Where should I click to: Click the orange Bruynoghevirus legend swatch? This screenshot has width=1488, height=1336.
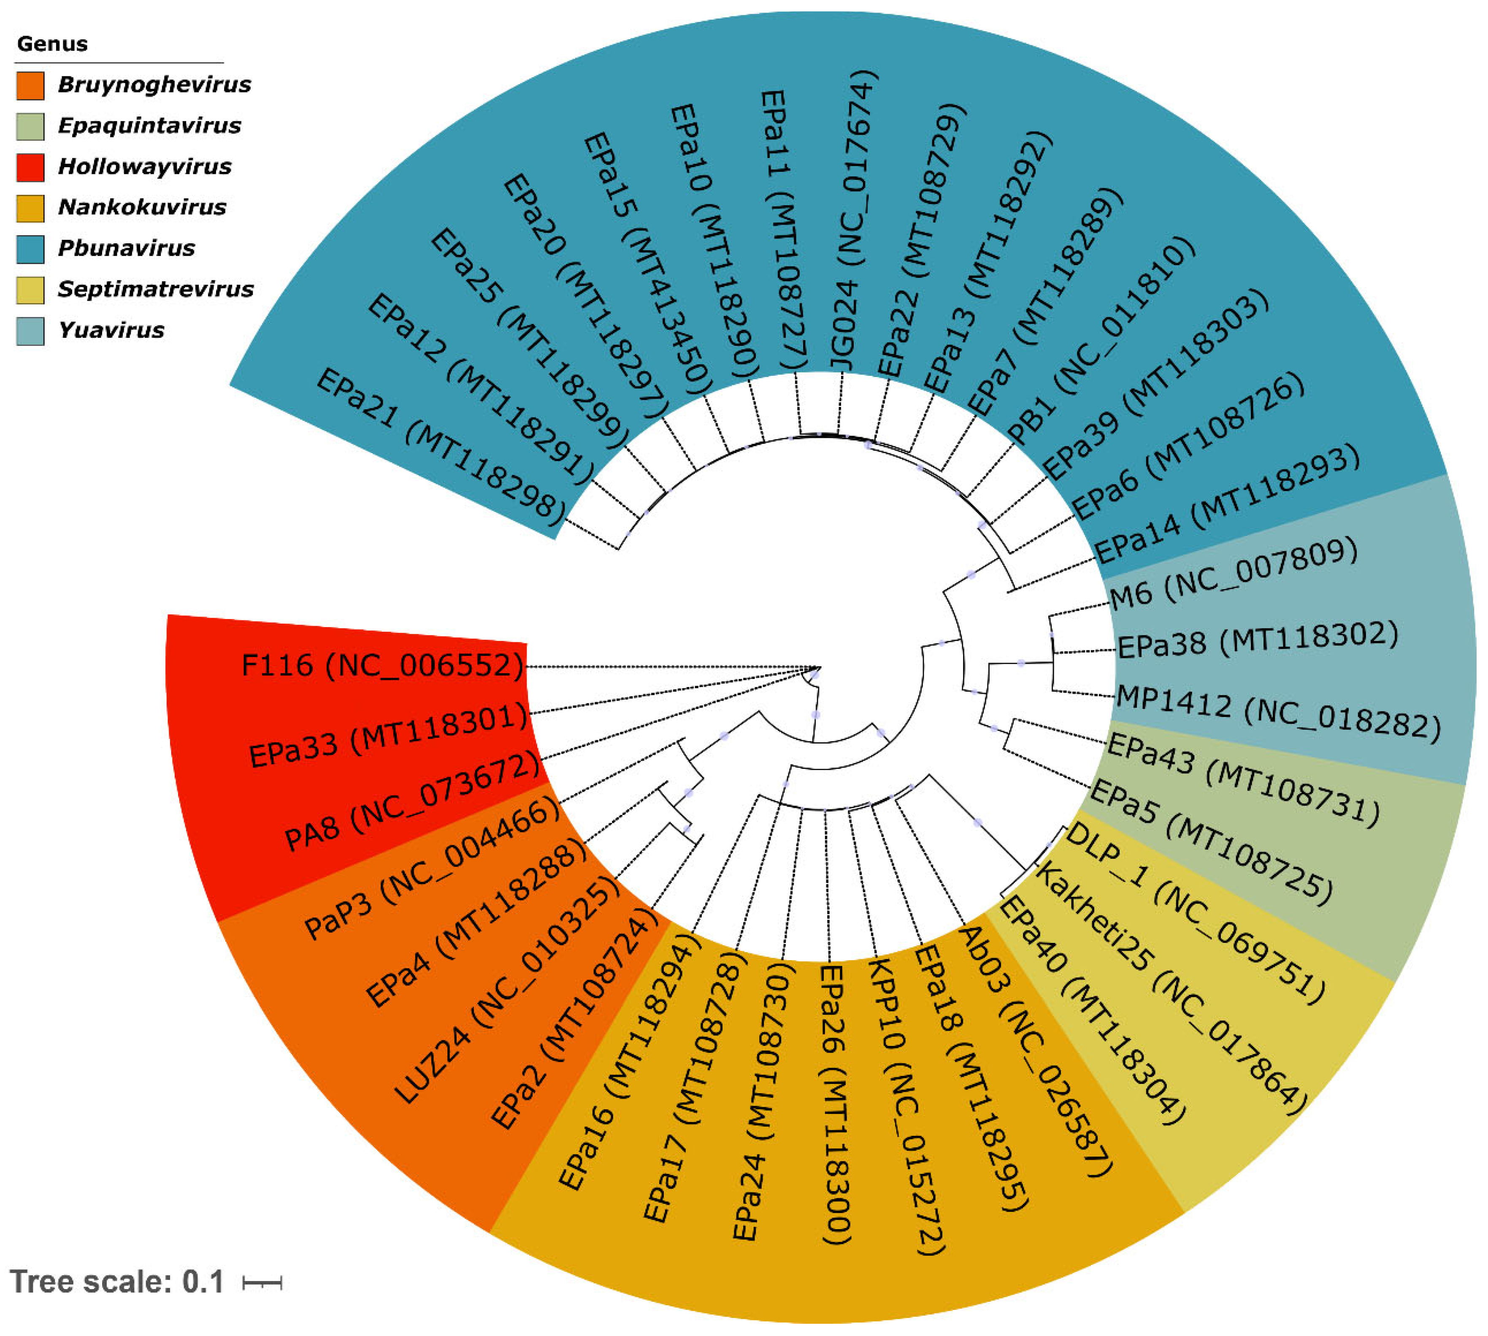[x=30, y=85]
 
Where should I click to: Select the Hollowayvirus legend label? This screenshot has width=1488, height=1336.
[x=145, y=167]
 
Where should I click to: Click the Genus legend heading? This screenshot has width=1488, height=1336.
[x=52, y=44]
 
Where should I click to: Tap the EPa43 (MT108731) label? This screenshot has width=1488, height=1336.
[x=1242, y=780]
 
